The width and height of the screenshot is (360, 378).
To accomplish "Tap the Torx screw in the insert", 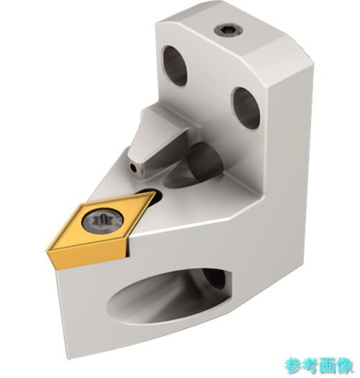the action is [x=102, y=221].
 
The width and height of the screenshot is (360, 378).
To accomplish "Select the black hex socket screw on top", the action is [x=228, y=32].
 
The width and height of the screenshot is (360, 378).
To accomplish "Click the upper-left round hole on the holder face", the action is [x=174, y=66].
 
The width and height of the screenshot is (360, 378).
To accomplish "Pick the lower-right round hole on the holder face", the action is [x=246, y=108].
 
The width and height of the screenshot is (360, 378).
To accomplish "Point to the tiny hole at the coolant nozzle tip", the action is [x=133, y=167].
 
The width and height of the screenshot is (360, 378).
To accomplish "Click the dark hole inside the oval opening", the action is [x=214, y=279].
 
